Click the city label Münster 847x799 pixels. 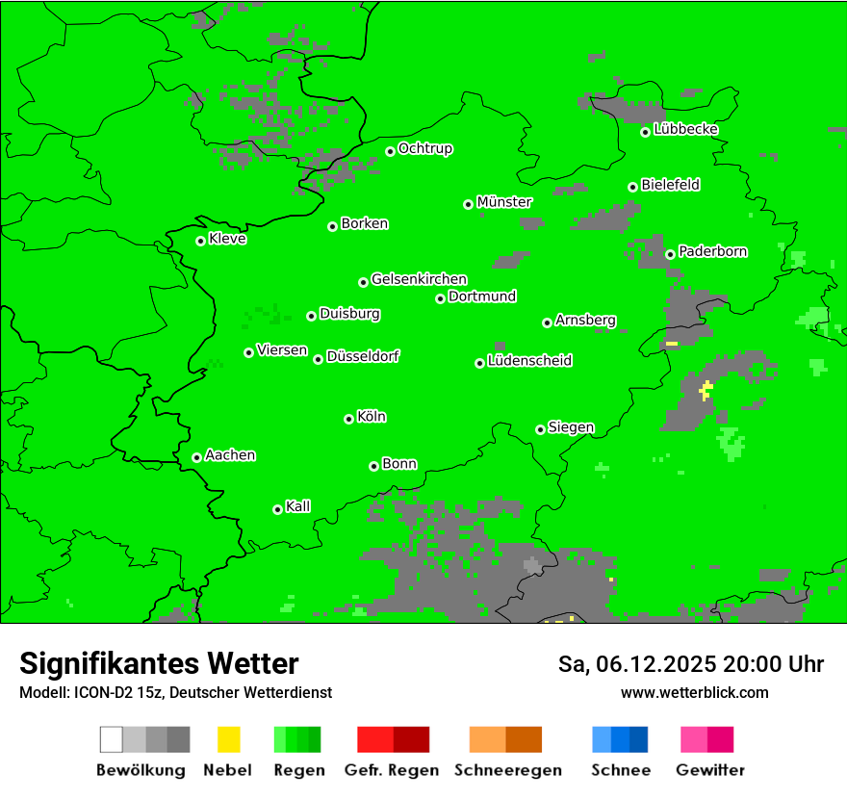coord(504,202)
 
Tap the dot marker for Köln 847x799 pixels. coord(348,419)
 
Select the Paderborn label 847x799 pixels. coord(712,251)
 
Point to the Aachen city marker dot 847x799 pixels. coord(196,457)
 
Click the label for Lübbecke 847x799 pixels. coord(685,129)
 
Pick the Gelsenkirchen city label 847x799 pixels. coord(419,279)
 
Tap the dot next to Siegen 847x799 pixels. coord(540,429)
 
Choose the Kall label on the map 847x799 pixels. coord(298,505)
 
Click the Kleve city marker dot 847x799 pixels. coord(200,241)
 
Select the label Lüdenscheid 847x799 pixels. coord(529,361)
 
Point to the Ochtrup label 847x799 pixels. coord(424,148)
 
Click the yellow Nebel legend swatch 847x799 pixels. coord(228,739)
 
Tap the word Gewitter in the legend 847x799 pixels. coord(710,770)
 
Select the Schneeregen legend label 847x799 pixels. coord(508,770)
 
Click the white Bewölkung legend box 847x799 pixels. coord(112,739)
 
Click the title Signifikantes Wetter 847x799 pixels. coord(159,663)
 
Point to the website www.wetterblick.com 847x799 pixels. coord(694,692)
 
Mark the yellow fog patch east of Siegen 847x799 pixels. coord(706,390)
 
